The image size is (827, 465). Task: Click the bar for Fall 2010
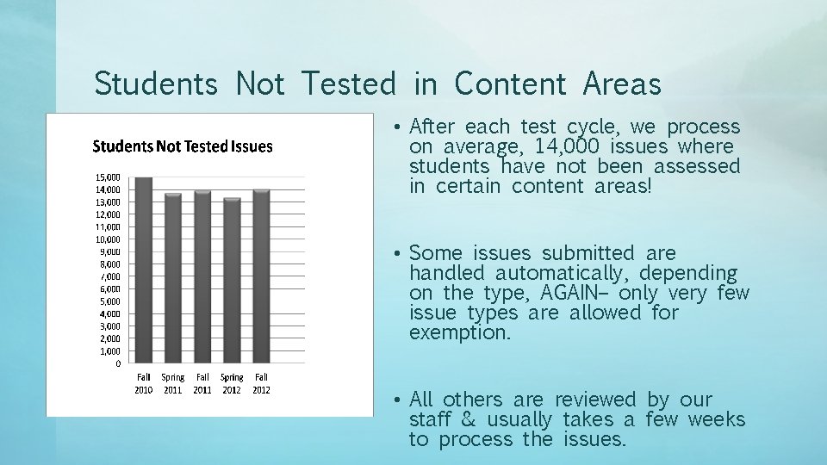coord(144,271)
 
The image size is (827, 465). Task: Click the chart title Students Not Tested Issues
coord(183,146)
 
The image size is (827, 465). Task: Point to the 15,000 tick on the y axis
coord(108,177)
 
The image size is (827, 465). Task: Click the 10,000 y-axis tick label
coord(108,239)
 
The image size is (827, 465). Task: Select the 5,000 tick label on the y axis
coord(109,301)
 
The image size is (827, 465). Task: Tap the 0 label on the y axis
coord(118,363)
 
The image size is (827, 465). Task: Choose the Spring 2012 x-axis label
coord(232,383)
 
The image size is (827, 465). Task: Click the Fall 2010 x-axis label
coord(144,383)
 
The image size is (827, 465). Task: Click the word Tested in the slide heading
coord(349,84)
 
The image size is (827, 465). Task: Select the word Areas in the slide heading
coord(622,84)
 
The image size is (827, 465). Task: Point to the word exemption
coord(460,333)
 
